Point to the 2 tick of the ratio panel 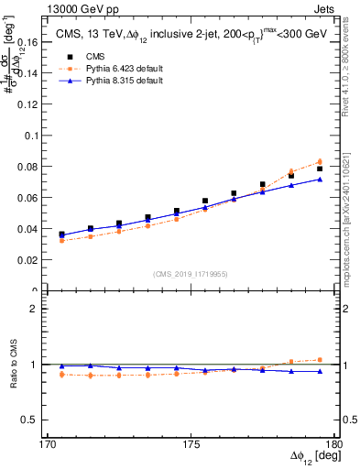41,309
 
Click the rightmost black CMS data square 320,169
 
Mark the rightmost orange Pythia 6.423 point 320,162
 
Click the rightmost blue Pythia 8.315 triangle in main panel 320,179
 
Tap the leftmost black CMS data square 61,234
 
